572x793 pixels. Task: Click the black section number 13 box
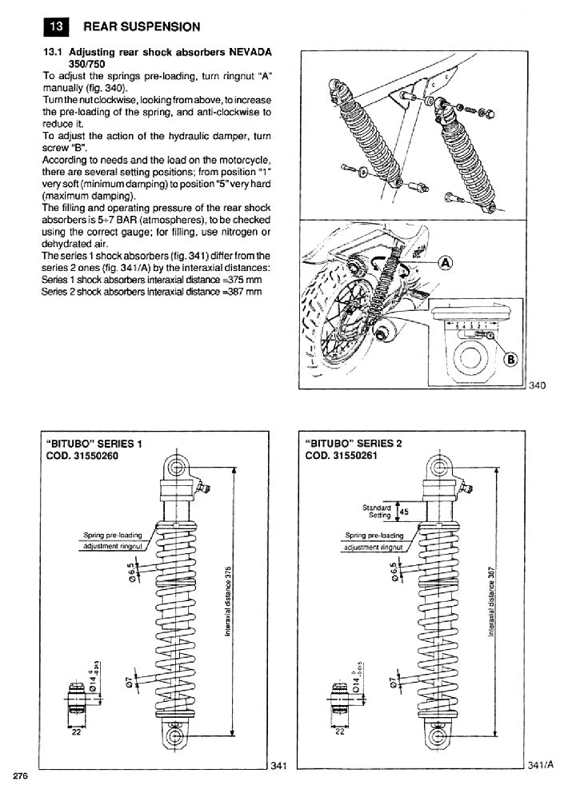pyautogui.click(x=55, y=26)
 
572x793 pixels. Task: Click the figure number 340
pyautogui.click(x=537, y=386)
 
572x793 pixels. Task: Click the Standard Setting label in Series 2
pyautogui.click(x=376, y=511)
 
